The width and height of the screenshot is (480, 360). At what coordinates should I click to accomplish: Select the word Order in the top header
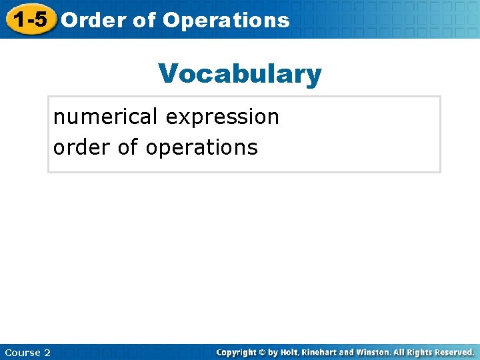(93, 20)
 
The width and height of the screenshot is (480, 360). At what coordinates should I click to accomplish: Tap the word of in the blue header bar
(144, 20)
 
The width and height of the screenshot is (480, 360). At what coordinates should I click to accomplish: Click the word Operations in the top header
(226, 20)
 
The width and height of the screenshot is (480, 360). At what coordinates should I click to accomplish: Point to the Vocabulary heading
(240, 73)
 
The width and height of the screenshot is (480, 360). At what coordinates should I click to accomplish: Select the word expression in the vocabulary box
(223, 117)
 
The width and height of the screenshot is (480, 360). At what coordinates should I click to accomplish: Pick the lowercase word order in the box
(82, 147)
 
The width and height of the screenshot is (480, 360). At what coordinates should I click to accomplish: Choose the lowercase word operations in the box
(201, 147)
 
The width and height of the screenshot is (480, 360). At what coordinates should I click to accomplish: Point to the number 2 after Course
(47, 352)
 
